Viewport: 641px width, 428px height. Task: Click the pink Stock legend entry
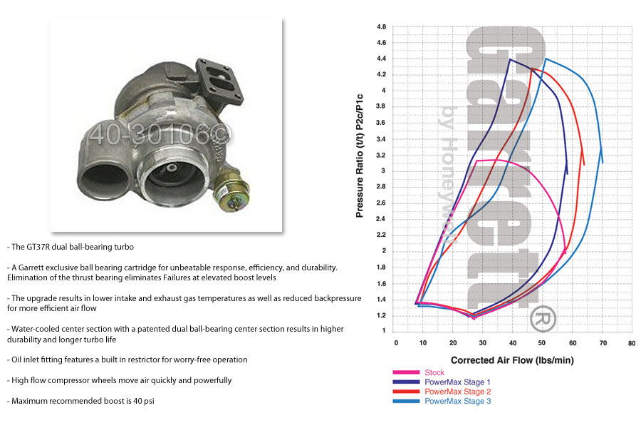coord(434,372)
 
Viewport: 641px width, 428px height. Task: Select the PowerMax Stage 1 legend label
coord(457,382)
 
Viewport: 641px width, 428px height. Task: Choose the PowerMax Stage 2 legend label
coord(457,392)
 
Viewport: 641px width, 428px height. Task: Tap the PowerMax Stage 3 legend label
coord(457,401)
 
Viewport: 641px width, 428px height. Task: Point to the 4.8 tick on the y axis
coord(382,26)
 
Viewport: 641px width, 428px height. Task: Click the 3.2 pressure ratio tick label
coord(382,155)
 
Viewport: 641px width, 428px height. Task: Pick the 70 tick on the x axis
coord(603,343)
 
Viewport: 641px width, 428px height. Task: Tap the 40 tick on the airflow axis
coord(513,343)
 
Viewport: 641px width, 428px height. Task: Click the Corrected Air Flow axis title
coord(512,360)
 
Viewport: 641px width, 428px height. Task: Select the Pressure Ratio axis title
coord(360,156)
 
